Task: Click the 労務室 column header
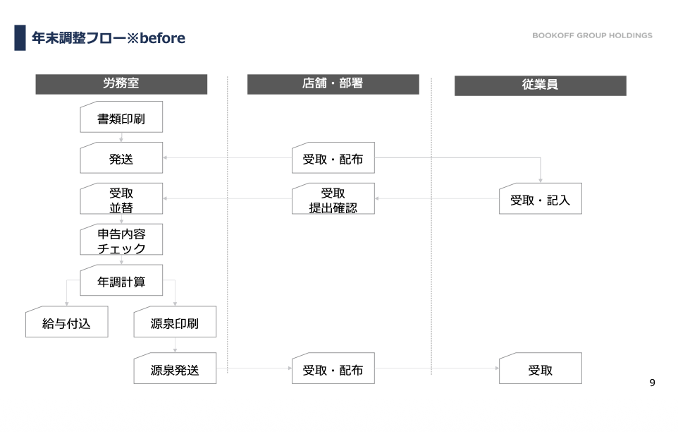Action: point(121,84)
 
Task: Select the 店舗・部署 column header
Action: point(333,84)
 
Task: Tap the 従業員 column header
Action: point(540,85)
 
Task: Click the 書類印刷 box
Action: point(121,117)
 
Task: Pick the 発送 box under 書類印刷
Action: point(121,157)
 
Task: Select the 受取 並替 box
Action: point(121,198)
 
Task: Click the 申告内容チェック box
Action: point(121,239)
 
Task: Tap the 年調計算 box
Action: point(121,280)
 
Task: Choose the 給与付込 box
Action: point(66,322)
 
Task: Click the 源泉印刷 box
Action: point(175,322)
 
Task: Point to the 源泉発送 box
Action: point(175,368)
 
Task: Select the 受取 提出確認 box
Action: point(333,198)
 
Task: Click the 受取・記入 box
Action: point(540,198)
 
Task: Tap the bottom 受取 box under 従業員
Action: point(540,368)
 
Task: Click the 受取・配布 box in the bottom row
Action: point(333,368)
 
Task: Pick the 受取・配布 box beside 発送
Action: point(333,157)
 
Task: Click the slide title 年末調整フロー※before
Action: point(109,38)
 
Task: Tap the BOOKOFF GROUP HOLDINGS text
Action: point(593,35)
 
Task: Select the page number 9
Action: point(652,383)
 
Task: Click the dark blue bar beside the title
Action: point(20,37)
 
